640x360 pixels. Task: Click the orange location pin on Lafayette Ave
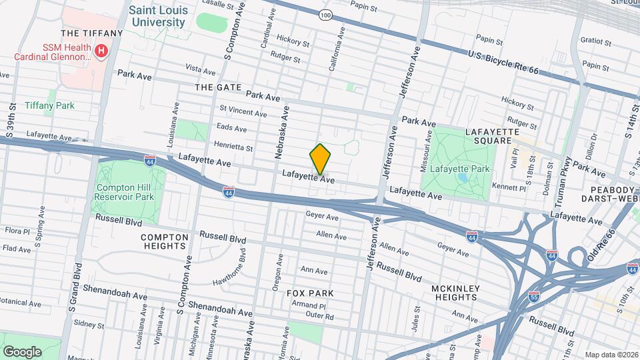(x=320, y=159)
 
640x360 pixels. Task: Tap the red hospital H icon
(x=101, y=51)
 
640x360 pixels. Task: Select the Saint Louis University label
(x=157, y=17)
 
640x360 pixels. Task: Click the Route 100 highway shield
(x=325, y=15)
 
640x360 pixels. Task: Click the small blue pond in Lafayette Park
(x=463, y=178)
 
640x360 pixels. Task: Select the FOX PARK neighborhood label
(x=309, y=293)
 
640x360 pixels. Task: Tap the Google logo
(x=23, y=351)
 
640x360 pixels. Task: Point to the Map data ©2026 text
(x=611, y=355)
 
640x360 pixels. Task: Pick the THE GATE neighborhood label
(x=213, y=87)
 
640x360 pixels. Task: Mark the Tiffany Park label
(x=49, y=105)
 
